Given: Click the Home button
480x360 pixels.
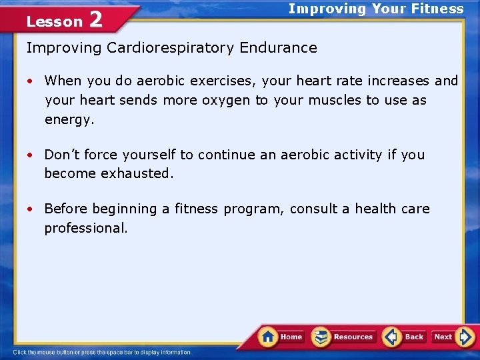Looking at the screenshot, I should coord(281,337).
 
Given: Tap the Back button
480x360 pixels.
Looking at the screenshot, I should coord(405,337).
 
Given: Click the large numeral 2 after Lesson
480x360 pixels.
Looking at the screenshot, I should coord(95,20).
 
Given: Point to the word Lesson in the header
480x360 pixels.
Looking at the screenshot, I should coord(54,21).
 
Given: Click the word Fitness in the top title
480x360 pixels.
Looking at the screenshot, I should coord(437,9).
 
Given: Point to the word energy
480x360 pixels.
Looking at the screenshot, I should coord(69,120).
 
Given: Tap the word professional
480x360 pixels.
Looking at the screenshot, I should coord(86,228).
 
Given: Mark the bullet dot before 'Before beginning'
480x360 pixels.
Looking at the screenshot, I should coord(31,209).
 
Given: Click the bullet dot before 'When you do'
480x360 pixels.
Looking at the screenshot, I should coord(31,81).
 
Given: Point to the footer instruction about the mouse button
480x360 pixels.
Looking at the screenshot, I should coord(103,352).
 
